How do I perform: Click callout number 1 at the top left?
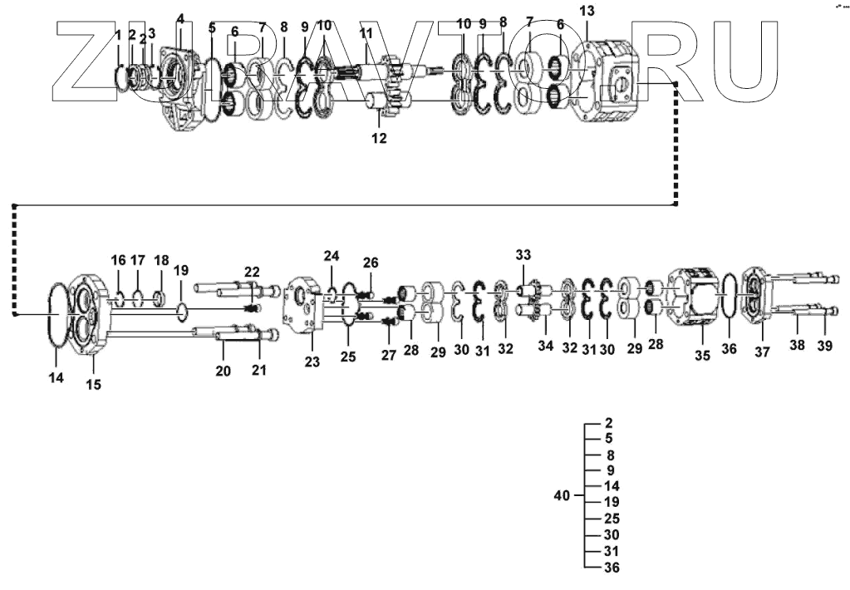[x=118, y=35]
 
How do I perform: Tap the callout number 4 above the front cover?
[x=180, y=18]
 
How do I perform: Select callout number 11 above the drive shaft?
[x=366, y=32]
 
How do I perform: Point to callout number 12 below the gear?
[x=379, y=139]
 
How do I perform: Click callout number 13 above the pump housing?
[x=587, y=11]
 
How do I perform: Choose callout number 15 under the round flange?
[x=94, y=385]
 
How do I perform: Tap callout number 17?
[x=138, y=260]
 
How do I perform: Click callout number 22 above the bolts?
[x=252, y=271]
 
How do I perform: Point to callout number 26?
[x=371, y=263]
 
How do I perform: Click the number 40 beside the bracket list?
[x=562, y=496]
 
